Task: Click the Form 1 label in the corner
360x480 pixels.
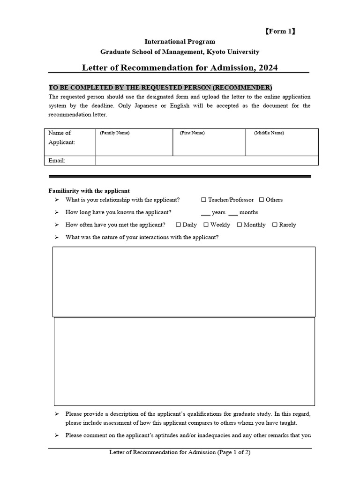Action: [x=280, y=32]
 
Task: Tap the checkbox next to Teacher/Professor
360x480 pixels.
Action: [x=203, y=200]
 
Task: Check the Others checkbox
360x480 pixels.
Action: [x=261, y=200]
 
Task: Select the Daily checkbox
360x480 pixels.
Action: [x=178, y=225]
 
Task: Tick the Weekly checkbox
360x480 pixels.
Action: [x=206, y=225]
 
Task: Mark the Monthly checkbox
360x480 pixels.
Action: [x=239, y=225]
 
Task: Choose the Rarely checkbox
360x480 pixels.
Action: [x=275, y=225]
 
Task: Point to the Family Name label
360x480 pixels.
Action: [x=115, y=133]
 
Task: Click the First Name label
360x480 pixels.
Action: [x=192, y=133]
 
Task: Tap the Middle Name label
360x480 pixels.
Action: [x=269, y=133]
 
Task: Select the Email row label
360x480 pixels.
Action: [x=57, y=161]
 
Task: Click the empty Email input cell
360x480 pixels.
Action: [x=207, y=161]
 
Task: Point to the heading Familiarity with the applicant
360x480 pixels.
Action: [x=89, y=191]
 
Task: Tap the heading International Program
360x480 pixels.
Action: [x=180, y=42]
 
